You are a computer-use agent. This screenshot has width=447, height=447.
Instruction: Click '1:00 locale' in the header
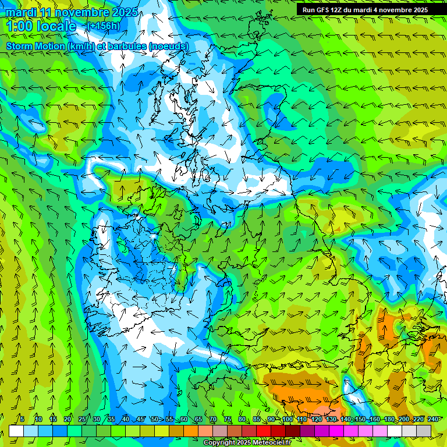[x=41, y=26]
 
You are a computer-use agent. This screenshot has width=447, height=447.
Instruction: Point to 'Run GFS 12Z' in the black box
[x=322, y=9]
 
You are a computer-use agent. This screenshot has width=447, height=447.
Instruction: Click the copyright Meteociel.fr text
[x=247, y=443]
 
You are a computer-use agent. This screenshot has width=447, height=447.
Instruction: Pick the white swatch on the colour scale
[x=16, y=431]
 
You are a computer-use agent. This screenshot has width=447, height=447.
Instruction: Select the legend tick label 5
[x=22, y=419]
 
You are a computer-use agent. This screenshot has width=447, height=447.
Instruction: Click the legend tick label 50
[x=154, y=419]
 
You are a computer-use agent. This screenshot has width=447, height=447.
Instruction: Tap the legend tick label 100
[x=287, y=419]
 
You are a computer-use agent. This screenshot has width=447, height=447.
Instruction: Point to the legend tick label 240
[x=433, y=419]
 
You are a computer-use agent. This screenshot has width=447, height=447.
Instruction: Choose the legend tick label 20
[x=67, y=419]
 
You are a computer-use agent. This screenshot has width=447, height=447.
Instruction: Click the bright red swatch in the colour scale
[x=264, y=431]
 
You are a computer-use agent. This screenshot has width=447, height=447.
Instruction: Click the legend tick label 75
[x=228, y=419]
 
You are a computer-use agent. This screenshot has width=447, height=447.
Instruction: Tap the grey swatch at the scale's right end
[x=424, y=431]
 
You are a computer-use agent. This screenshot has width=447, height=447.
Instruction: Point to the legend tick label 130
[x=331, y=419]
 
